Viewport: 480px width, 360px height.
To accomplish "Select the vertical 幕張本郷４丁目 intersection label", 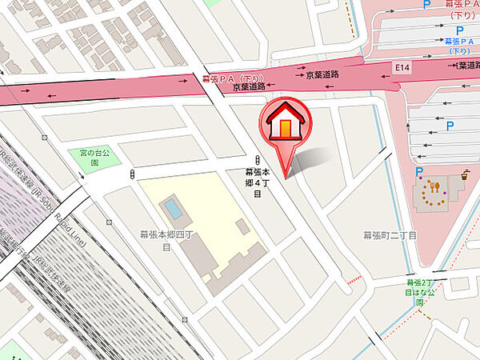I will click(x=258, y=183).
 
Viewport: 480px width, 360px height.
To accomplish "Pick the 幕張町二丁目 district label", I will click(x=390, y=235).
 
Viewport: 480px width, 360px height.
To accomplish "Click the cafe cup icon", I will click(x=463, y=172).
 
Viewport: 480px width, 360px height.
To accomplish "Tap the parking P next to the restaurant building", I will click(x=418, y=171).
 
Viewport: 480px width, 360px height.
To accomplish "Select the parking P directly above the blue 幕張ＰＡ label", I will click(x=459, y=30).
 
